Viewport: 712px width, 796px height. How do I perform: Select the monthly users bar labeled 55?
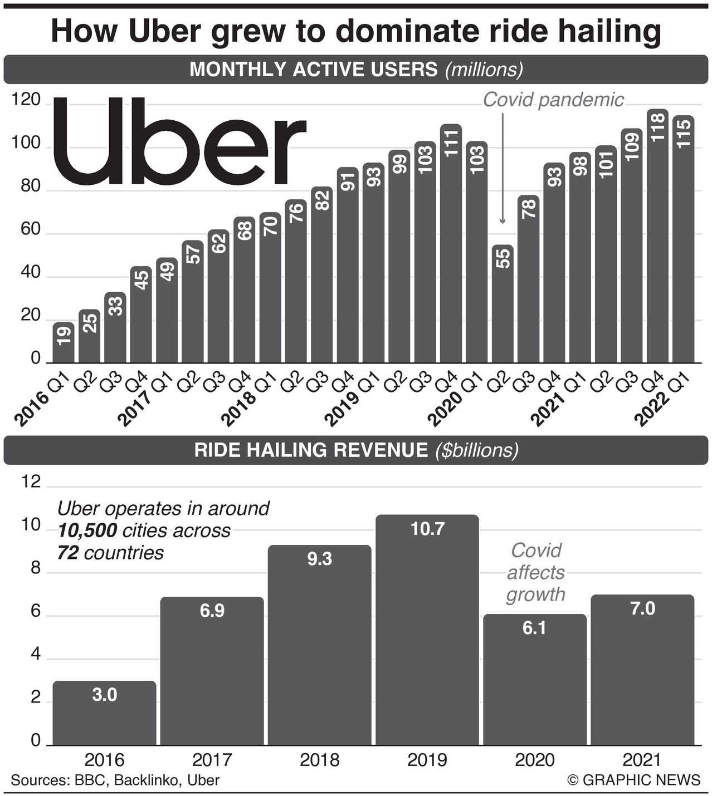[503, 303]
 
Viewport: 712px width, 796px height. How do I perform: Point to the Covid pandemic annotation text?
[553, 100]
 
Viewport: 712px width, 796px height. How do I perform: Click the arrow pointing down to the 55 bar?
[503, 167]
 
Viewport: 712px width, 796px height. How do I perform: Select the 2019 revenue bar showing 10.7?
[427, 629]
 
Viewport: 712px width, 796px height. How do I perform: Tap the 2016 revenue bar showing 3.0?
[104, 713]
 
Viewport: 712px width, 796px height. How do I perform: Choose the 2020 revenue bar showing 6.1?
[534, 679]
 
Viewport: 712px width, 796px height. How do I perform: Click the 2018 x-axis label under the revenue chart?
[319, 760]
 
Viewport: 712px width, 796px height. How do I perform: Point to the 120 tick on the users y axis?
[26, 100]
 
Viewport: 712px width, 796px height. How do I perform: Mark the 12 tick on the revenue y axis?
[31, 482]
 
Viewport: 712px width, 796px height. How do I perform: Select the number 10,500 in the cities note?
[87, 530]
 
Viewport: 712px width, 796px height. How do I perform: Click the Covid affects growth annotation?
[535, 572]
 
